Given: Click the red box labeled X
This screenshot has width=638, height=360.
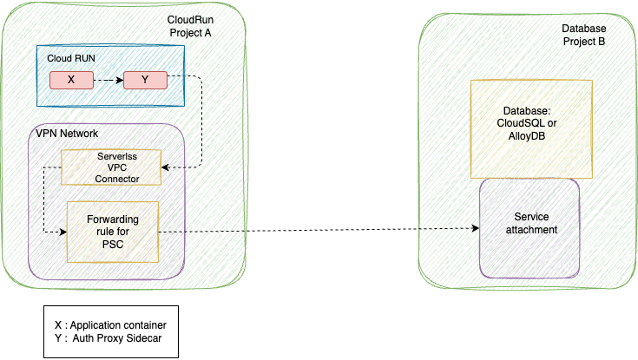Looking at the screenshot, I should [70, 80].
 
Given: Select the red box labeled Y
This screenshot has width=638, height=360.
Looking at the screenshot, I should [144, 80].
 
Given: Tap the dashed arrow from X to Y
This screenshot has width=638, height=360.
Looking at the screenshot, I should [107, 80].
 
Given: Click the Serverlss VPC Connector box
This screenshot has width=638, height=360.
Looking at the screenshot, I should [111, 167].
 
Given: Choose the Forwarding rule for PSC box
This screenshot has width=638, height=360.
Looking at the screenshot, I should [113, 232].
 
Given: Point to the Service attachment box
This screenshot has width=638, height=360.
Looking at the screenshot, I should [529, 223].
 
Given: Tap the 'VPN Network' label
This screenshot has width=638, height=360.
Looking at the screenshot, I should [68, 134].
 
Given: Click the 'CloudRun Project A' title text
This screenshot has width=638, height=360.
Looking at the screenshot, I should [189, 26].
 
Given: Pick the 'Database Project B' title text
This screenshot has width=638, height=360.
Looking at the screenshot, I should [577, 35].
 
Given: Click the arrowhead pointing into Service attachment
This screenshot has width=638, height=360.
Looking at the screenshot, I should [475, 229].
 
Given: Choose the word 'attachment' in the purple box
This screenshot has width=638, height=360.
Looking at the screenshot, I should [529, 229].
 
